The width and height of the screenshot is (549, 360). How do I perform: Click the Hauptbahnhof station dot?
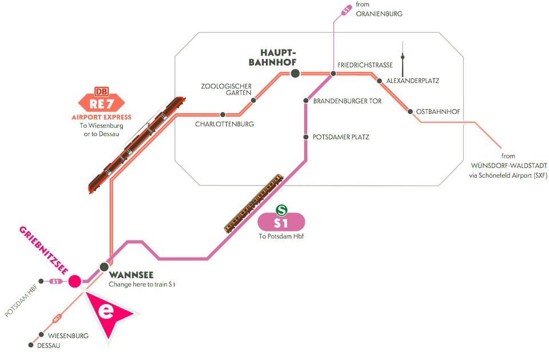pos(295,73)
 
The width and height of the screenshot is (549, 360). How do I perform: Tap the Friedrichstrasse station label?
pos(365,65)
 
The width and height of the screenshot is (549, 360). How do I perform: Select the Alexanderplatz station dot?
pos(379,81)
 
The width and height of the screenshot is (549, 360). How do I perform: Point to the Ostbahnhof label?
pos(438,111)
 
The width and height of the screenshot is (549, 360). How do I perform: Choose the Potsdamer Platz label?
pos(341,137)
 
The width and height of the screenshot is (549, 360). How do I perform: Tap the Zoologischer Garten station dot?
pos(253,101)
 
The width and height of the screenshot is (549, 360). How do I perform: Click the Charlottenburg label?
pos(224,124)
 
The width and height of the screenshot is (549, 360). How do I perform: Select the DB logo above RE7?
pos(101,91)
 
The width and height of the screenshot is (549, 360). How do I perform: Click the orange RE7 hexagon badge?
pos(101,104)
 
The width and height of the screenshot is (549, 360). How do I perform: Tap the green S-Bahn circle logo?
pos(281,210)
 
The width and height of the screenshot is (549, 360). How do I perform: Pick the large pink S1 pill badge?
pos(281,222)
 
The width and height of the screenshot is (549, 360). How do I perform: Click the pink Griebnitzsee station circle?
pos(74,281)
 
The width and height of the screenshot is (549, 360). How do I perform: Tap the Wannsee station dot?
pos(104,266)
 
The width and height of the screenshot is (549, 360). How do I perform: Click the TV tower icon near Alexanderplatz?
pos(403,60)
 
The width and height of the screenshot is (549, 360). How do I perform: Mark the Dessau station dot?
pos(31,345)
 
